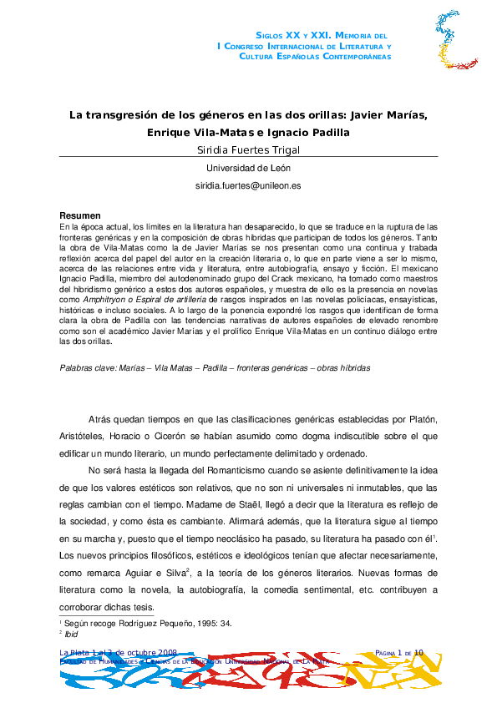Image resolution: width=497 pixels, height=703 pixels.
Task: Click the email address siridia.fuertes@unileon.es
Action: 248,186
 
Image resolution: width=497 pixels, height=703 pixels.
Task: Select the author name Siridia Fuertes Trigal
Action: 248,150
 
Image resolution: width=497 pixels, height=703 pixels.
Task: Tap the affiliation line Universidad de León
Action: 248,168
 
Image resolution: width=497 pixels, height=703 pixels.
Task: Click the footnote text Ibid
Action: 73,635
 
